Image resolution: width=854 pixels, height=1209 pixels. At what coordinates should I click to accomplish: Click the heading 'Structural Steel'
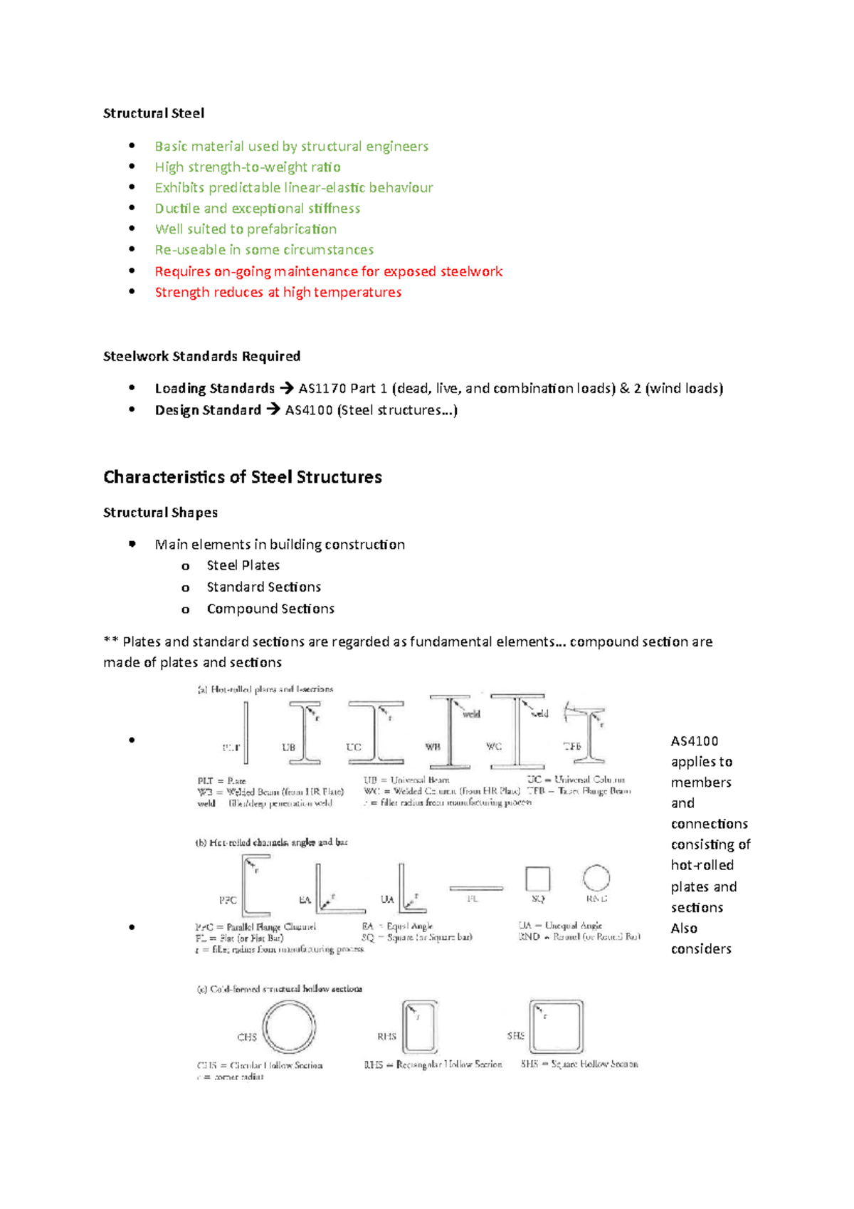154,113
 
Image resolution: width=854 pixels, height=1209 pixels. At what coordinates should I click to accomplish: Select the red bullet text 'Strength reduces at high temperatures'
278,292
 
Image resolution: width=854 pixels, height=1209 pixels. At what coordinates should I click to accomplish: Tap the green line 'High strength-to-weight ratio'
248,167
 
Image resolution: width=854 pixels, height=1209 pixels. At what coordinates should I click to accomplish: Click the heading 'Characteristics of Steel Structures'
242,476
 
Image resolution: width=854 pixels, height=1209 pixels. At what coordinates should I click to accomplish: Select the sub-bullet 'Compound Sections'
270,609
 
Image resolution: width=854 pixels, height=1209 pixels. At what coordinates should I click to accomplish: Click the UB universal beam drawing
305,733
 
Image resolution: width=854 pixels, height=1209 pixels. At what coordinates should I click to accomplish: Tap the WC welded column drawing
518,731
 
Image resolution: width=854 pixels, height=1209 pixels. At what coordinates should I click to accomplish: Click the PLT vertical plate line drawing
246,733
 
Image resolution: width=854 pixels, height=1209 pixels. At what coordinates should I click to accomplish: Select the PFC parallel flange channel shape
253,886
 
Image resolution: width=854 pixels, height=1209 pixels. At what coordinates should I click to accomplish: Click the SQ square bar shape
537,879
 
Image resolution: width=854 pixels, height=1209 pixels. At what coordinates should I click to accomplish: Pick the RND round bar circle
596,878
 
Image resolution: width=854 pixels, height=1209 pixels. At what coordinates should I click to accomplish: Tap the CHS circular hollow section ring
289,1027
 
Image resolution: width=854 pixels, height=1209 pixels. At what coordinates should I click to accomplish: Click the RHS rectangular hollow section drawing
420,1027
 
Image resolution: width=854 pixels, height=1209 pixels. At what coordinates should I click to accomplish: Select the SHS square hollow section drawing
556,1026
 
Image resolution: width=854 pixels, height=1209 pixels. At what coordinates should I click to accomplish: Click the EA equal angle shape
334,891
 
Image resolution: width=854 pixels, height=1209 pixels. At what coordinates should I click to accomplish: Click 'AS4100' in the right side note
694,741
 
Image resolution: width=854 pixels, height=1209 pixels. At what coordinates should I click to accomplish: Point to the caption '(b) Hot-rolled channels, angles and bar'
271,842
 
